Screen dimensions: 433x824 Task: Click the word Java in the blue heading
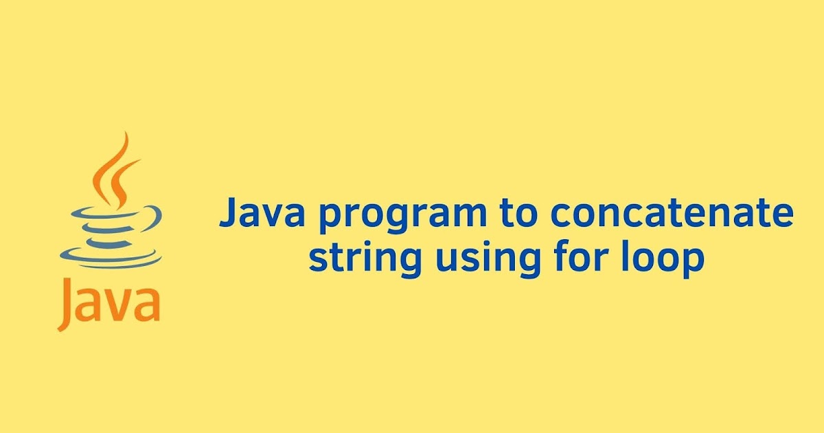pyautogui.click(x=262, y=214)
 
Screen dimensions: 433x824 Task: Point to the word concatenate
pyautogui.click(x=671, y=214)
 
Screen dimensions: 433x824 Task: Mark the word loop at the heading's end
pyautogui.click(x=663, y=260)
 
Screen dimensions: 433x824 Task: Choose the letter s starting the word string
pyautogui.click(x=317, y=259)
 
